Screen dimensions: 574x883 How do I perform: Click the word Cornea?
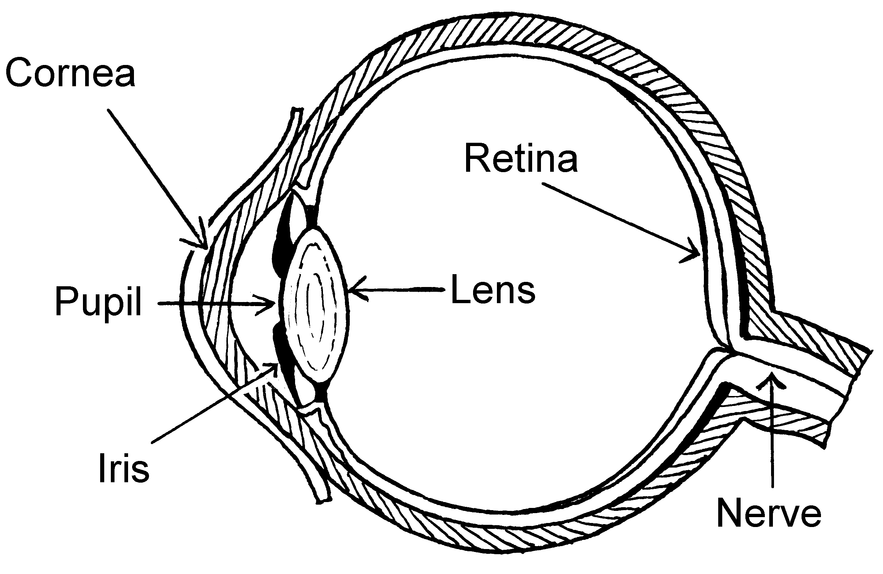[70, 73]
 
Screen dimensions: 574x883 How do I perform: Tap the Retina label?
[521, 159]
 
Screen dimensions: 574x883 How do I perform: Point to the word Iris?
[124, 468]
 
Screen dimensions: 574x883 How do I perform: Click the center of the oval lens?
[316, 304]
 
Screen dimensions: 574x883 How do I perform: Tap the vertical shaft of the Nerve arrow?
[773, 438]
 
